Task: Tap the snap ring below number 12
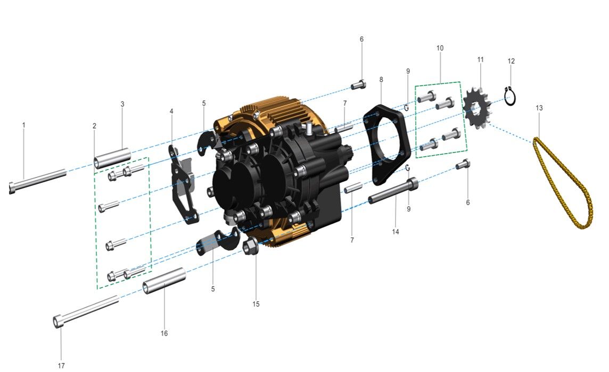[x=511, y=96]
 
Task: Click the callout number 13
[x=539, y=108]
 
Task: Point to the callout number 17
[x=61, y=366]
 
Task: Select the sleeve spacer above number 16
[x=164, y=281]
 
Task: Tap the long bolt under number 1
[x=38, y=180]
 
